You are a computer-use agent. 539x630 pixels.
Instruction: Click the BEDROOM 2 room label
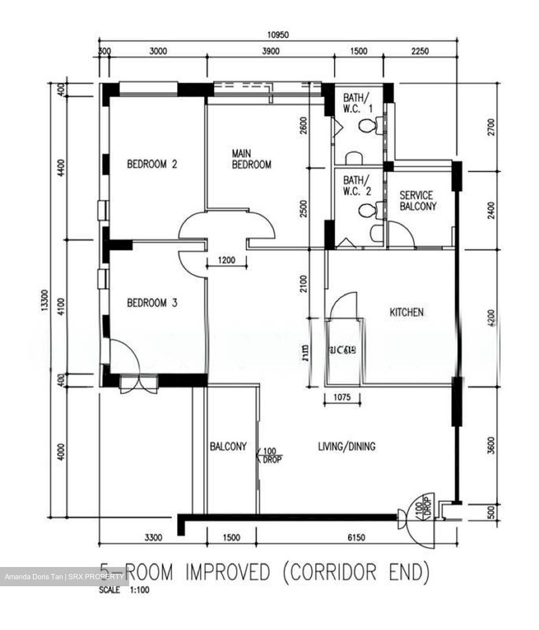tap(152, 164)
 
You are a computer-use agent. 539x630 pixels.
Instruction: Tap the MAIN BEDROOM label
tap(251, 159)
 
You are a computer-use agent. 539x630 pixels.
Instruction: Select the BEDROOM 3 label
tap(152, 303)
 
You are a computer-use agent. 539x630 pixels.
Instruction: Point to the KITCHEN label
tap(406, 312)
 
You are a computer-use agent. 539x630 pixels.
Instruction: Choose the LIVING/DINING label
tap(346, 446)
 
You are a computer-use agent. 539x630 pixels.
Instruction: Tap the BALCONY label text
tap(228, 446)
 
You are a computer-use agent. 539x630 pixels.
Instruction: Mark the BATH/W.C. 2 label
tap(357, 185)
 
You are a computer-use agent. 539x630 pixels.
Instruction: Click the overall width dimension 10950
tap(278, 35)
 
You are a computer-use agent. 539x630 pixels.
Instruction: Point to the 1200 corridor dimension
tap(226, 260)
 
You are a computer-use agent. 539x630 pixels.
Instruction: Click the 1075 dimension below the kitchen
tap(342, 398)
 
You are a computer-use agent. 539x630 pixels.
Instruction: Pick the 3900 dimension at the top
tap(270, 52)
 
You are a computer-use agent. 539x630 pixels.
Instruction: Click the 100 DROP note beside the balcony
tap(271, 455)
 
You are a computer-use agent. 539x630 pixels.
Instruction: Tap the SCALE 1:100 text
tap(124, 590)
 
